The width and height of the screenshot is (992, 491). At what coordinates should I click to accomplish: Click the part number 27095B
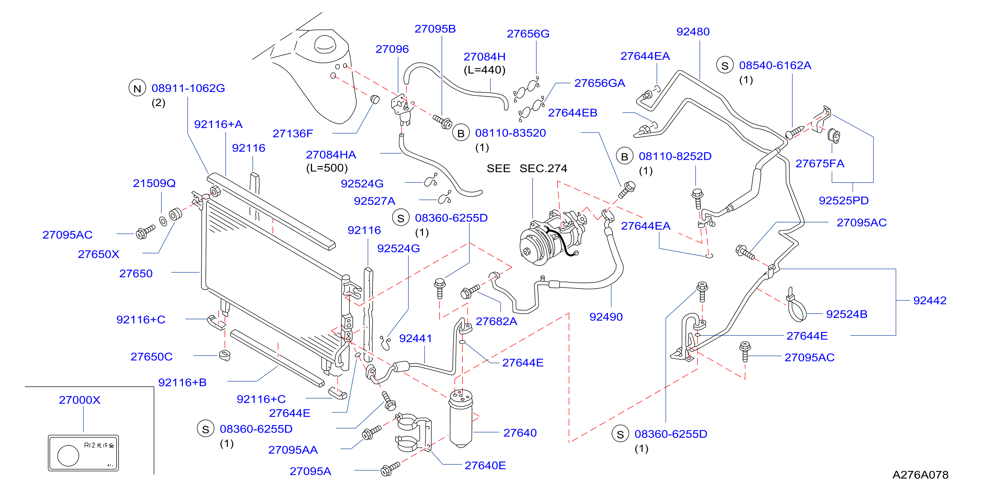[435, 29]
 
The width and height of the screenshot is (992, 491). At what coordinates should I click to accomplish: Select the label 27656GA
[599, 83]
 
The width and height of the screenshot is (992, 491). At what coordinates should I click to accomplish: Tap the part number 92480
[693, 31]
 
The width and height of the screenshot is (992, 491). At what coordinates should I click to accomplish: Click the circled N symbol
[137, 88]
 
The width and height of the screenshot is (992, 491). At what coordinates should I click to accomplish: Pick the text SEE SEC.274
[527, 168]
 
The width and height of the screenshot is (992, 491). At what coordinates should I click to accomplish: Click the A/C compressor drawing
[552, 237]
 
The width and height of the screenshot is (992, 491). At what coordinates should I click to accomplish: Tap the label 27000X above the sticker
[79, 400]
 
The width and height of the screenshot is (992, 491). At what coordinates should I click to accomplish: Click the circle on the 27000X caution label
[68, 456]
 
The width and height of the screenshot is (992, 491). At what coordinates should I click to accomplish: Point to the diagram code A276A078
[920, 475]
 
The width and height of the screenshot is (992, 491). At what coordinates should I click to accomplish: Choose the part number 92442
[930, 300]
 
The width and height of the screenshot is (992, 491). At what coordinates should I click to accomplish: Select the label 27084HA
[331, 155]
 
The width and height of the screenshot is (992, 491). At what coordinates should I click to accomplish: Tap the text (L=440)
[485, 70]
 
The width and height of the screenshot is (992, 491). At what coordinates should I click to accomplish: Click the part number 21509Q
[154, 183]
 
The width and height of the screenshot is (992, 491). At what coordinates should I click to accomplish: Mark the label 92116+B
[182, 382]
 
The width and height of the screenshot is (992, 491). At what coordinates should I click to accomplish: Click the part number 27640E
[485, 466]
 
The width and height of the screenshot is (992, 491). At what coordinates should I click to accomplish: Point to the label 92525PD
[843, 201]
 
